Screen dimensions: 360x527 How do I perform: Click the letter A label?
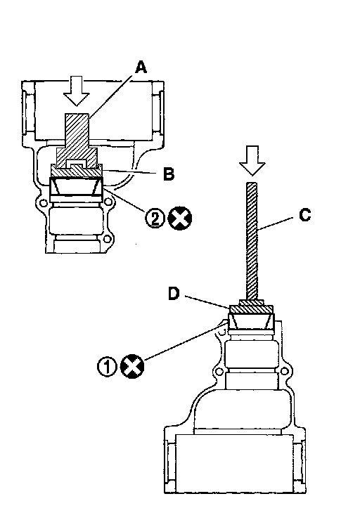click(141, 67)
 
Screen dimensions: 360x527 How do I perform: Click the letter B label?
click(169, 174)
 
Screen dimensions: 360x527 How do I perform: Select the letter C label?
click(305, 216)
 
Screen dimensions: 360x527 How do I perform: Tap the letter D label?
click(174, 294)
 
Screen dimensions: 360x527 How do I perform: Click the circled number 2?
click(155, 218)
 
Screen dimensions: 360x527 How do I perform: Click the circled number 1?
click(107, 366)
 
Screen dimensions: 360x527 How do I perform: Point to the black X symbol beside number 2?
click(180, 219)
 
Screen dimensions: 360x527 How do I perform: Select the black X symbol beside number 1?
click(132, 366)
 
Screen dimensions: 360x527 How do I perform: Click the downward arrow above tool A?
click(77, 91)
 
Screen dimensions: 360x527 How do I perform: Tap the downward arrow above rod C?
click(252, 161)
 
